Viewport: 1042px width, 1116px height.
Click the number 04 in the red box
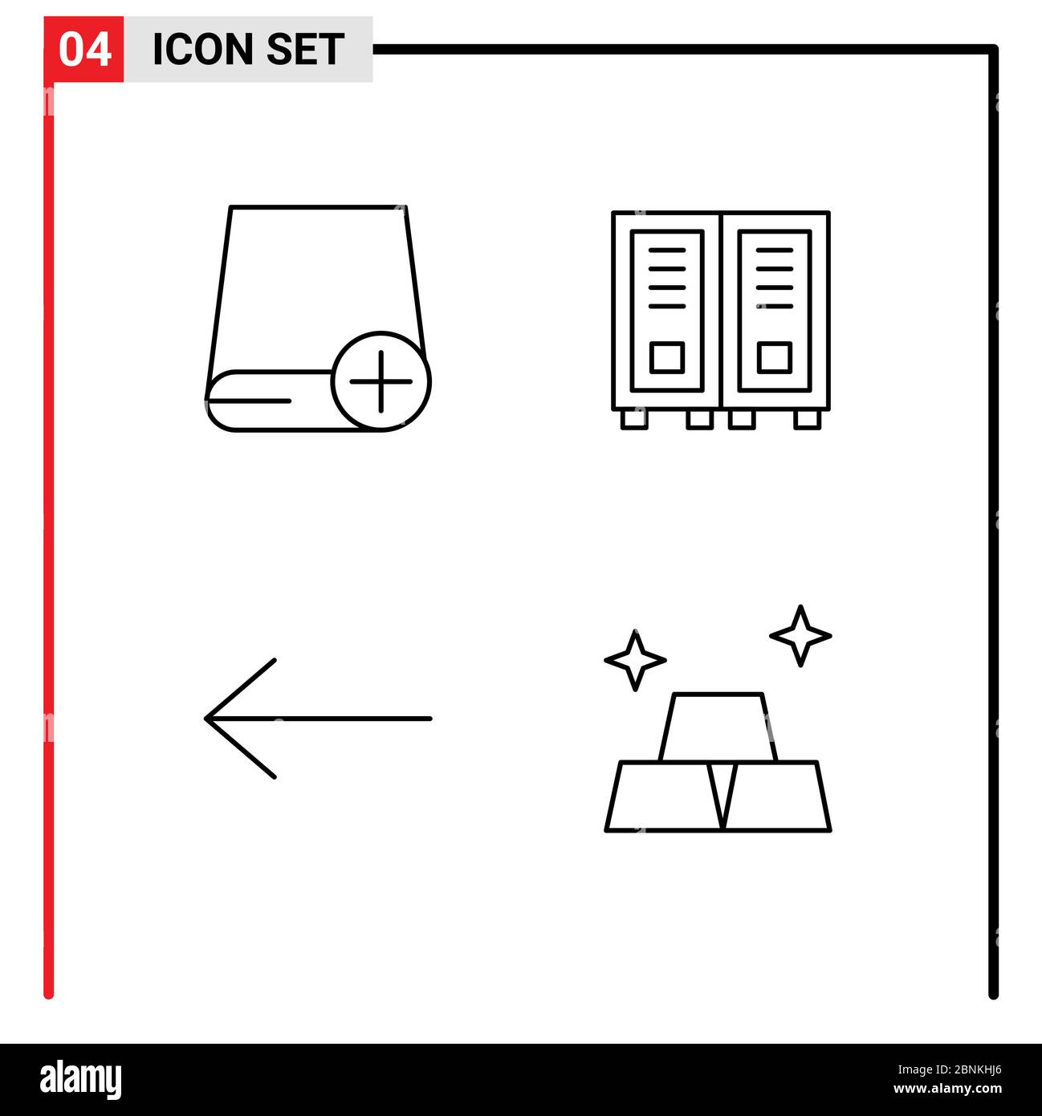coord(84,50)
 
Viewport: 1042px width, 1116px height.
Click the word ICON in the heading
coord(203,50)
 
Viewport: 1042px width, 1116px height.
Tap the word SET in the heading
coord(304,50)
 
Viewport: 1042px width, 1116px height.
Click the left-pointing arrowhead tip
coord(206,718)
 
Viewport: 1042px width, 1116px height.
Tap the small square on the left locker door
coord(666,357)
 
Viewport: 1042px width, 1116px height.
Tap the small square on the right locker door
coord(774,357)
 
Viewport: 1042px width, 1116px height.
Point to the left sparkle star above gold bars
coord(635,660)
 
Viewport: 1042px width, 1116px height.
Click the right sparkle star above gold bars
coord(800,636)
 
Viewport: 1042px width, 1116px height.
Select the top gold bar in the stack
coord(718,727)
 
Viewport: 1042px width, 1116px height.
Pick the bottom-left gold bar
coord(663,796)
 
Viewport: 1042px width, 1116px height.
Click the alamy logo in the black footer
coord(80,1079)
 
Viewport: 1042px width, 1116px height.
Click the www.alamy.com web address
coord(947,1089)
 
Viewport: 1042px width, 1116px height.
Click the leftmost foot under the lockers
coord(634,421)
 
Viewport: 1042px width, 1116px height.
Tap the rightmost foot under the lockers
coord(807,421)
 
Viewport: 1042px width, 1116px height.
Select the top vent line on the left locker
coord(666,250)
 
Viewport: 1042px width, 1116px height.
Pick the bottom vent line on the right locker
coord(774,306)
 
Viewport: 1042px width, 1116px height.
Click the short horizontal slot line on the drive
coord(248,401)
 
